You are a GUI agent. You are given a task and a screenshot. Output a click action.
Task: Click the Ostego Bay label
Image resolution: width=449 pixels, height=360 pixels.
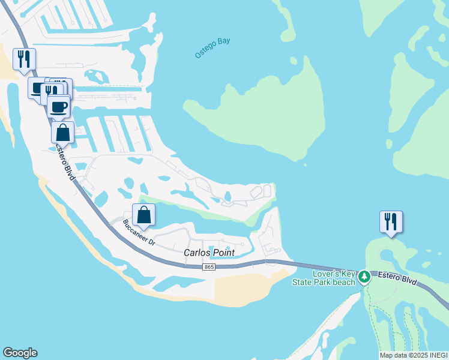point(212,48)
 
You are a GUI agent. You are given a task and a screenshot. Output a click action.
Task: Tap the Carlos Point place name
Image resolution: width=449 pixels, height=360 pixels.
point(209,253)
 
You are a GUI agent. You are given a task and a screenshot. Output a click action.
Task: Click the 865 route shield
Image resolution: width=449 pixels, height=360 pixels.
point(208,266)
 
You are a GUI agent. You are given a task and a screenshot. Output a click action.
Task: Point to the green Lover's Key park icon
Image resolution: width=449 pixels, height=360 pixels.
point(364,277)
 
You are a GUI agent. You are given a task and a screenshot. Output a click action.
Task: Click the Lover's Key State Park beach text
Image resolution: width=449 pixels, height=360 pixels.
point(334,278)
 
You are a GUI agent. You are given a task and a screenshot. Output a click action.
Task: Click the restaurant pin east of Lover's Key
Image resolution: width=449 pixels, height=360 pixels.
point(391,221)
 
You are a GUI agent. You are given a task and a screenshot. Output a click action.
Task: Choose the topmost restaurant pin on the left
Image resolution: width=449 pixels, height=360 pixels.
point(24,59)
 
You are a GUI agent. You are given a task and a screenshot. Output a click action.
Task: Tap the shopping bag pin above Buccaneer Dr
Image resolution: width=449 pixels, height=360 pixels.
point(144,214)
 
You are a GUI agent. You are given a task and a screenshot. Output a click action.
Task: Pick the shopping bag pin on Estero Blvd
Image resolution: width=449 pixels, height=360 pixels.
point(62,132)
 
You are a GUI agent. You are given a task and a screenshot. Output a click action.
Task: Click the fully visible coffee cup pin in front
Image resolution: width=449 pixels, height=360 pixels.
point(58,107)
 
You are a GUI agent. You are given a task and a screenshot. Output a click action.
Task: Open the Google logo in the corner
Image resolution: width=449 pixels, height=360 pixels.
point(20,353)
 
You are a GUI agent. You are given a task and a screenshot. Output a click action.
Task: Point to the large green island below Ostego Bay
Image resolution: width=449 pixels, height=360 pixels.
point(264,114)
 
